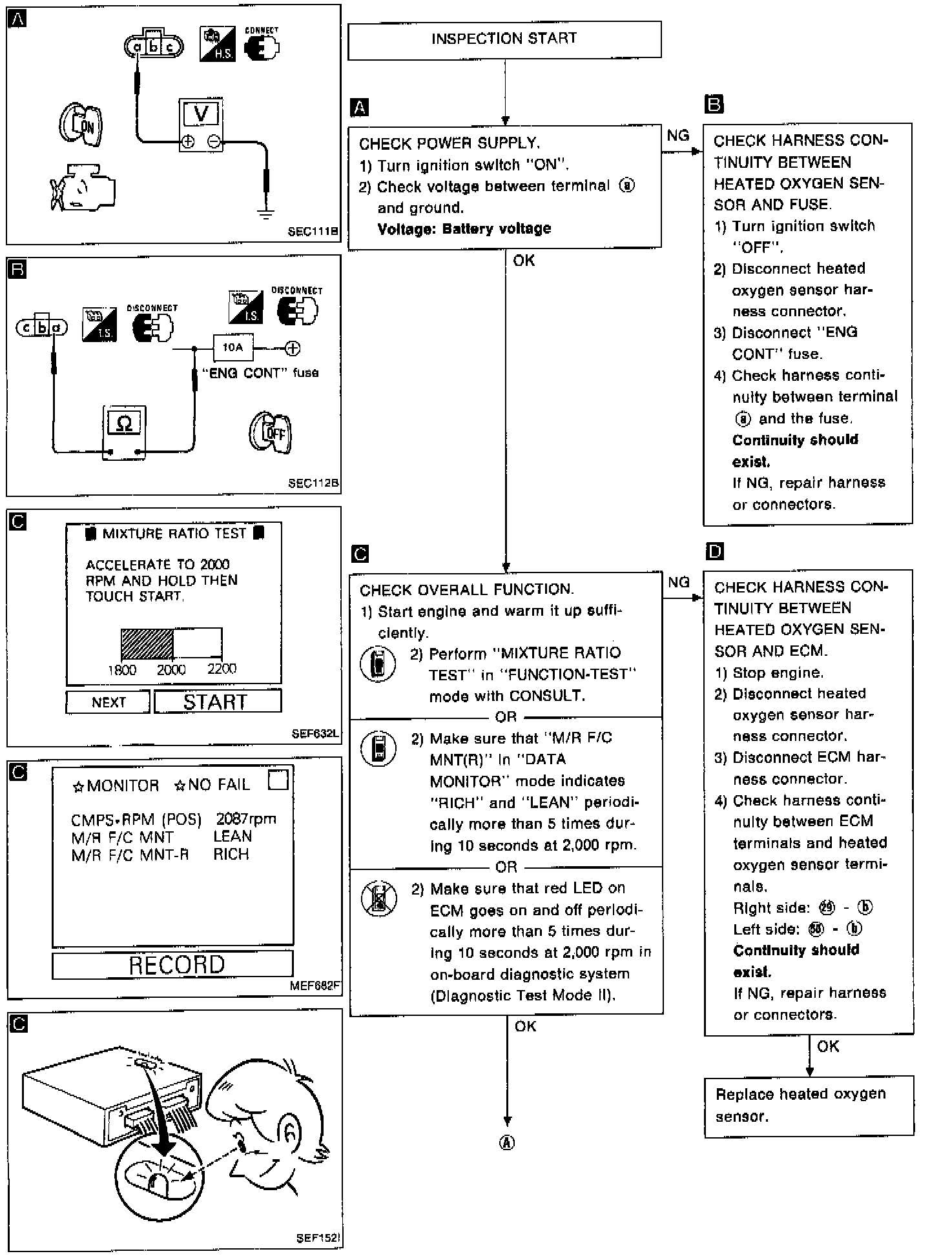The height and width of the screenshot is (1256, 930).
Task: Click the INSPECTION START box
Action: (504, 40)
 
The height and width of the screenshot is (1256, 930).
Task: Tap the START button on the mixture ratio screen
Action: (217, 702)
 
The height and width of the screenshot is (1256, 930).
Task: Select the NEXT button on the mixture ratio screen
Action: (108, 702)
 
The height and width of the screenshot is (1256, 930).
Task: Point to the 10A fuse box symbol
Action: (232, 348)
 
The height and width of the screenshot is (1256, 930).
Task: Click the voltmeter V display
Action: (201, 115)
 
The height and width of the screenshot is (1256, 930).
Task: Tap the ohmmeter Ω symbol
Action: (125, 424)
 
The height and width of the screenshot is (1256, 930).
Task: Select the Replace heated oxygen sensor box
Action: (808, 1105)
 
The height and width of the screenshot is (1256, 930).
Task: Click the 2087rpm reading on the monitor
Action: (245, 819)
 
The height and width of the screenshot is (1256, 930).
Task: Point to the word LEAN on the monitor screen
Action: (232, 836)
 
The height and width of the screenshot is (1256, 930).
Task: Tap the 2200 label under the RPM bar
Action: (222, 669)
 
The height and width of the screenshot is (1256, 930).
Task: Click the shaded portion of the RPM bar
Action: (147, 643)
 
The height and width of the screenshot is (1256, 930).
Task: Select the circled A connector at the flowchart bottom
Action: (507, 1143)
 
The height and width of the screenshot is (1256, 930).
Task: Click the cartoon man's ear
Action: (291, 1131)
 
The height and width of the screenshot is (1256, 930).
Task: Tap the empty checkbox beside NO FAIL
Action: (278, 780)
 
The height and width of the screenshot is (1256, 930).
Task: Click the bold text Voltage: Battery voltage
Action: (464, 228)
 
